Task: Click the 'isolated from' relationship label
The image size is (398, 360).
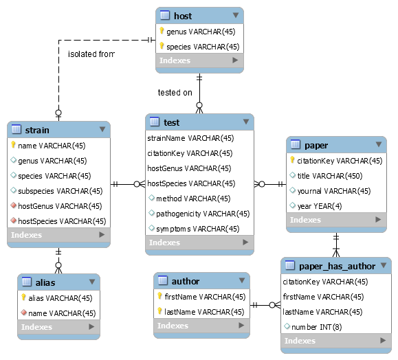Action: (91, 54)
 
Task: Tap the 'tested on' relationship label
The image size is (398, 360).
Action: (175, 93)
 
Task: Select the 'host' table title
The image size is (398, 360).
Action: (183, 16)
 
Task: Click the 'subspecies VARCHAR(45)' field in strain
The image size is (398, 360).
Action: (60, 191)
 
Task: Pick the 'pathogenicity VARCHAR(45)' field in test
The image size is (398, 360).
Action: (203, 214)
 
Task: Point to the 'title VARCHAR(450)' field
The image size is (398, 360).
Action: (330, 176)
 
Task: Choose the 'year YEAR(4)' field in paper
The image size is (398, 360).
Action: (320, 206)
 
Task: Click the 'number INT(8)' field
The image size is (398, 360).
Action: (316, 327)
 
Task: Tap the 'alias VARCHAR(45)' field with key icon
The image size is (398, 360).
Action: (60, 298)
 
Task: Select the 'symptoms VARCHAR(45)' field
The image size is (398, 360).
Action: (198, 229)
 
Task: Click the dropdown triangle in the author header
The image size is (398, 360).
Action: (242, 280)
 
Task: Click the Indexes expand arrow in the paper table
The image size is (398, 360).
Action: (378, 219)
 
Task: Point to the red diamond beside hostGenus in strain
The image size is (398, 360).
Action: (14, 205)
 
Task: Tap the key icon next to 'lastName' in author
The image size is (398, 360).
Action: (159, 311)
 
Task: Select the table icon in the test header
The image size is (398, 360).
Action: (155, 122)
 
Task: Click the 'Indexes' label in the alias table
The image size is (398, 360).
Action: (36, 327)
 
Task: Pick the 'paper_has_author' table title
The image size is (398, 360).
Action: (337, 266)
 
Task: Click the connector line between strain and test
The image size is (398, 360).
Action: (128, 184)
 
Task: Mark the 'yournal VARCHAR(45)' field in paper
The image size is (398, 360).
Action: (334, 191)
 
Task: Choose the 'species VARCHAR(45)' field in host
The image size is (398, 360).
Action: (203, 47)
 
